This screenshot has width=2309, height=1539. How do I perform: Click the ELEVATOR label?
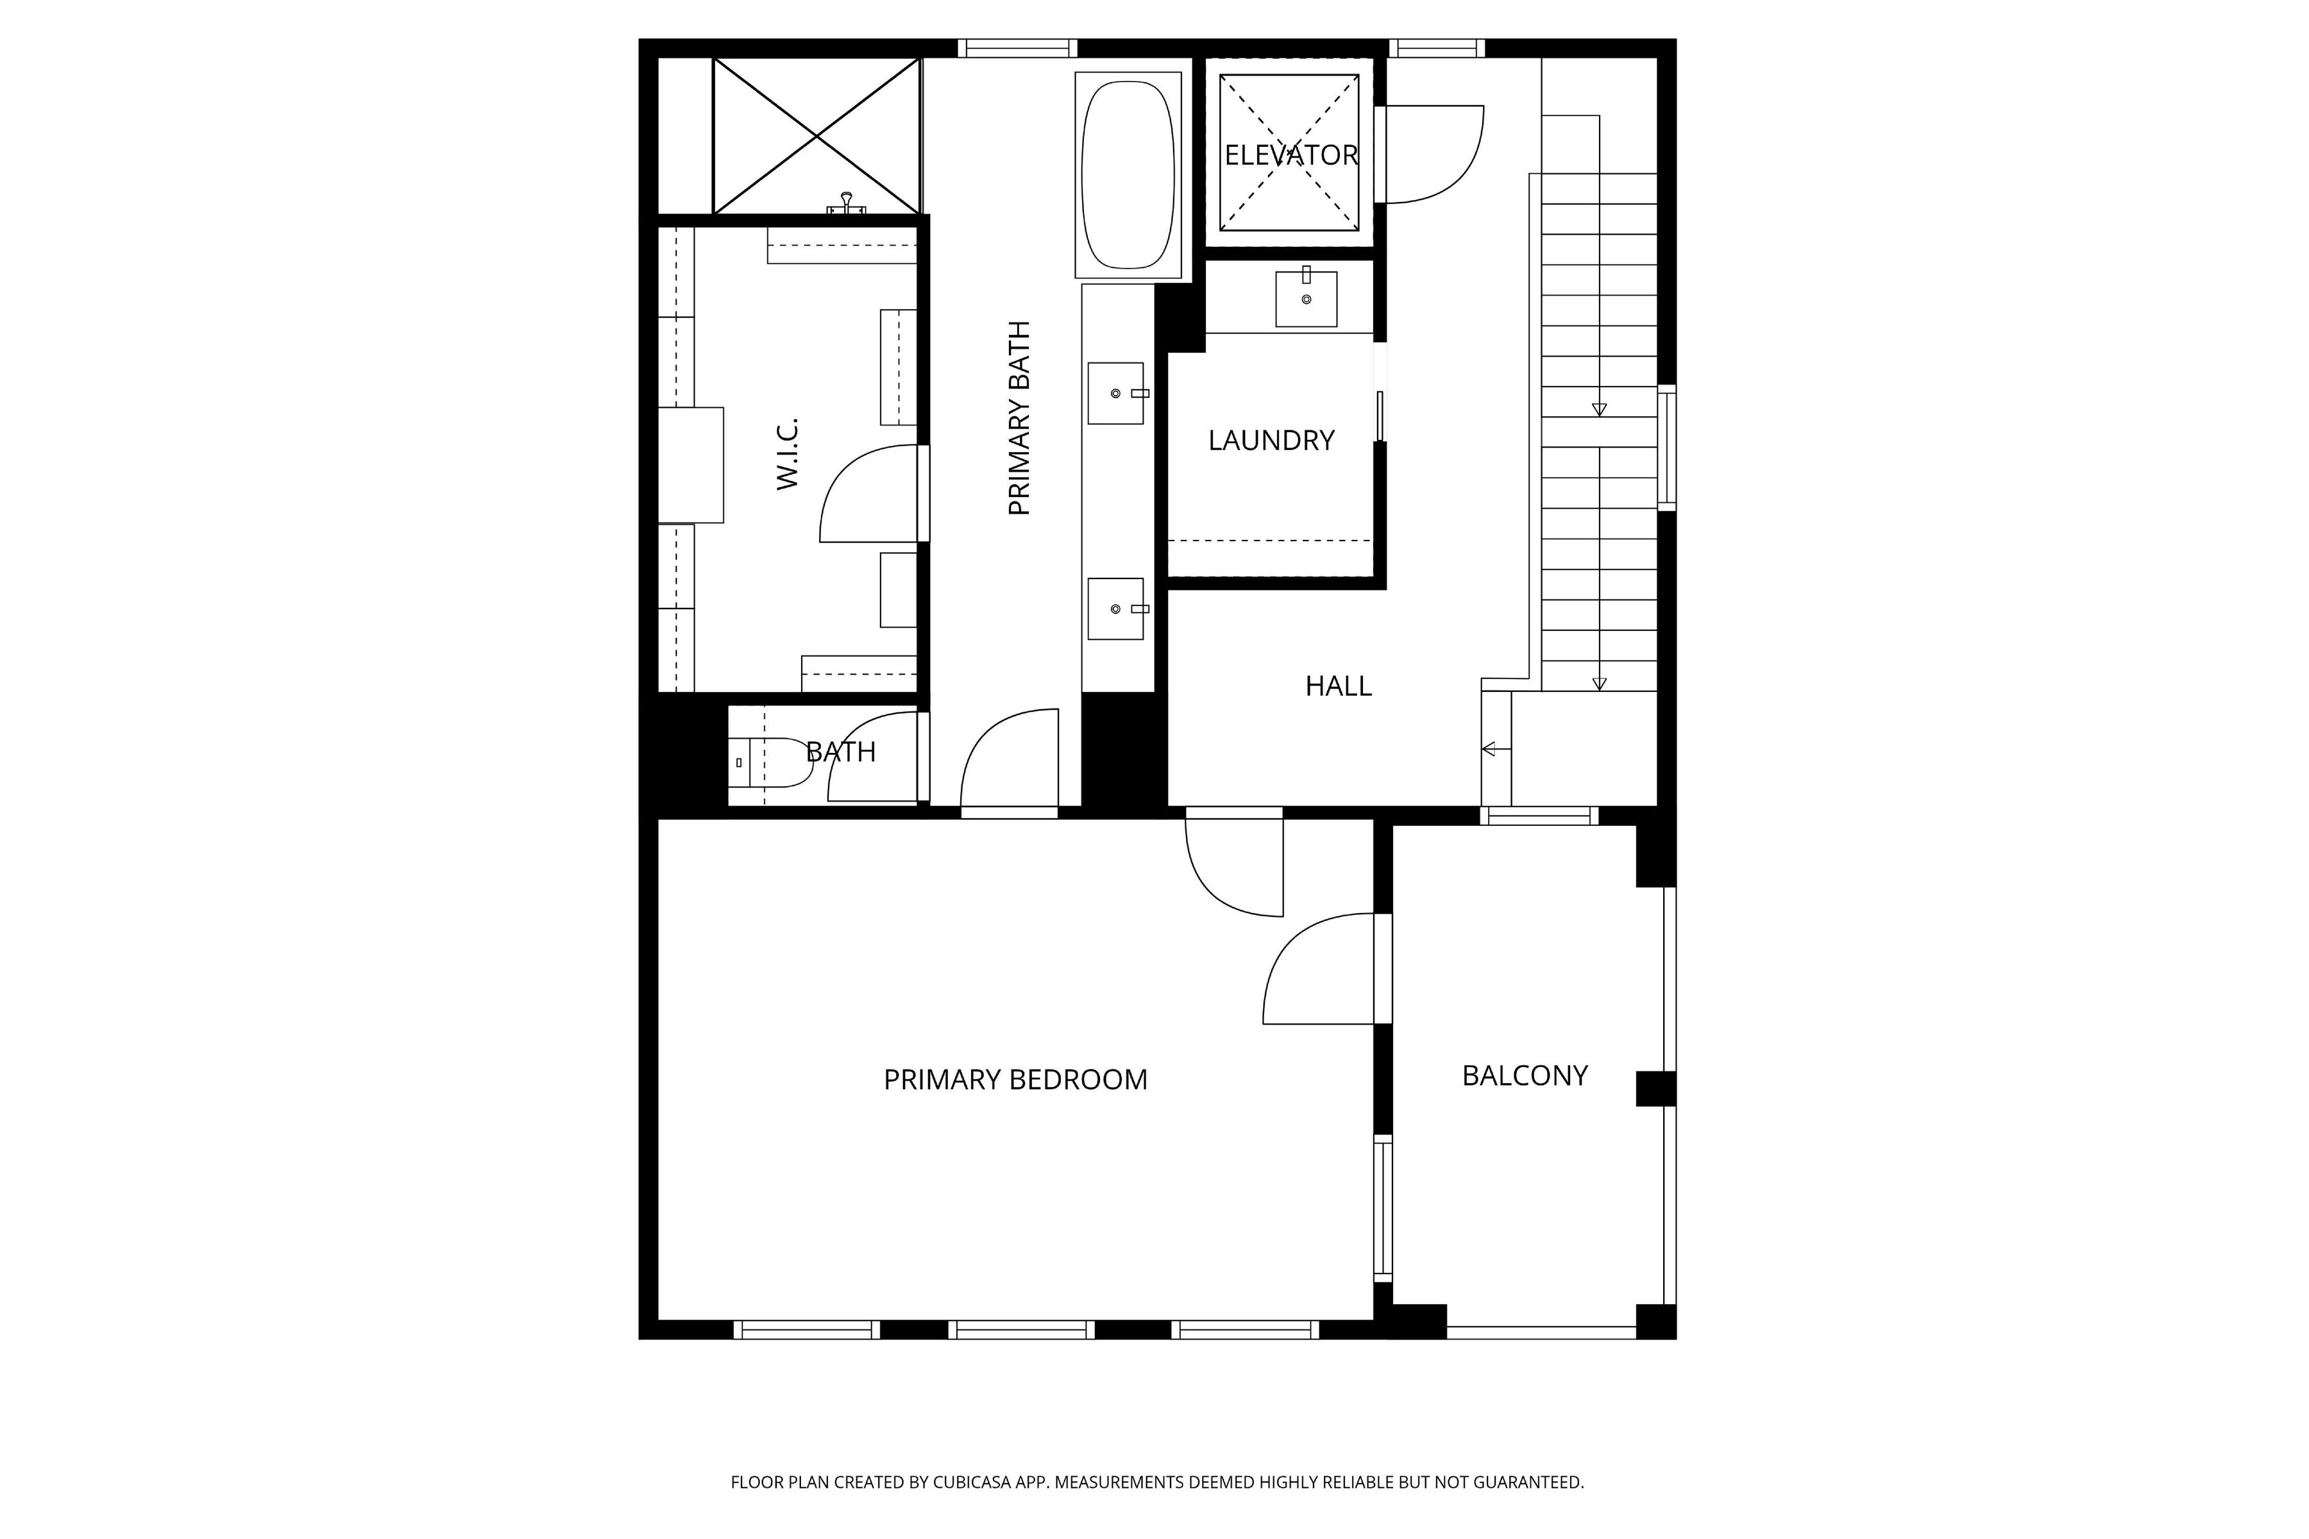coord(1291,155)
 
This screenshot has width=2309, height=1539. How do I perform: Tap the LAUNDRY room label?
coord(1271,441)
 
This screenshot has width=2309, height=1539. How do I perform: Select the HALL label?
coord(1338,686)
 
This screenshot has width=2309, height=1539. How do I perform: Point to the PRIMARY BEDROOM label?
coord(1015,1080)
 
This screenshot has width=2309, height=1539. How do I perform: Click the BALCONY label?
coord(1525,1076)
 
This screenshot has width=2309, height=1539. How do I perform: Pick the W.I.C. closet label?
coord(788,453)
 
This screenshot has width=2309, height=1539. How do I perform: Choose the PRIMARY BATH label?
coord(1019,418)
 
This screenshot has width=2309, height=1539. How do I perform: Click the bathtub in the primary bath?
coord(1128,174)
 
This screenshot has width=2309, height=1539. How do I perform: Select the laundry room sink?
coord(1306,298)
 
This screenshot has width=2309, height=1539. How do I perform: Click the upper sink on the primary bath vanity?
coord(1117,394)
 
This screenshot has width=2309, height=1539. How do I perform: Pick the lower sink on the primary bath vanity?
coord(1117,609)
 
